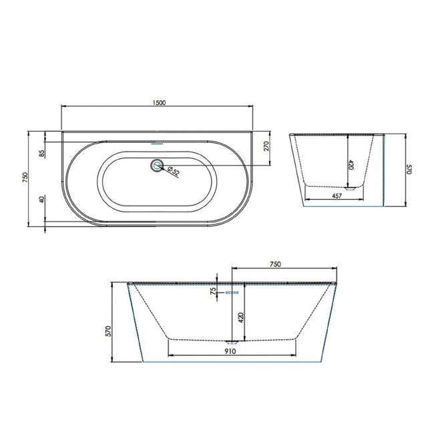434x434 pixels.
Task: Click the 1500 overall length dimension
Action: [158, 102]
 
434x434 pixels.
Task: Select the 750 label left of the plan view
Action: [25, 177]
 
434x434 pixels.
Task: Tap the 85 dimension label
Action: [41, 154]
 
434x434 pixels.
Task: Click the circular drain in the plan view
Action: [158, 164]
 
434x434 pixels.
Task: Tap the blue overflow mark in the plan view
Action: [158, 142]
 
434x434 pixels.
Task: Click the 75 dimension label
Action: [213, 290]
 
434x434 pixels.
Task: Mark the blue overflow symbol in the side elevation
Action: [232, 292]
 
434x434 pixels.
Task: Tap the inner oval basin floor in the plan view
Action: [158, 190]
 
